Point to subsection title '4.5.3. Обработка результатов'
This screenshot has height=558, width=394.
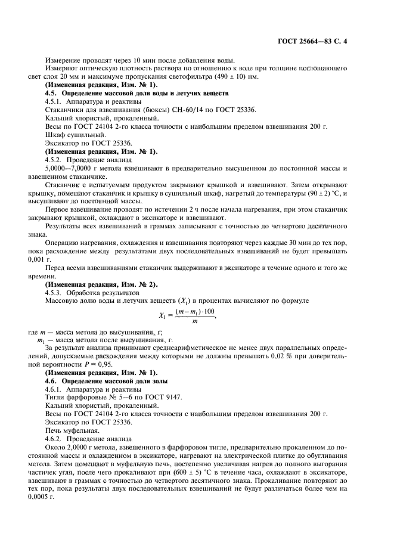91,293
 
